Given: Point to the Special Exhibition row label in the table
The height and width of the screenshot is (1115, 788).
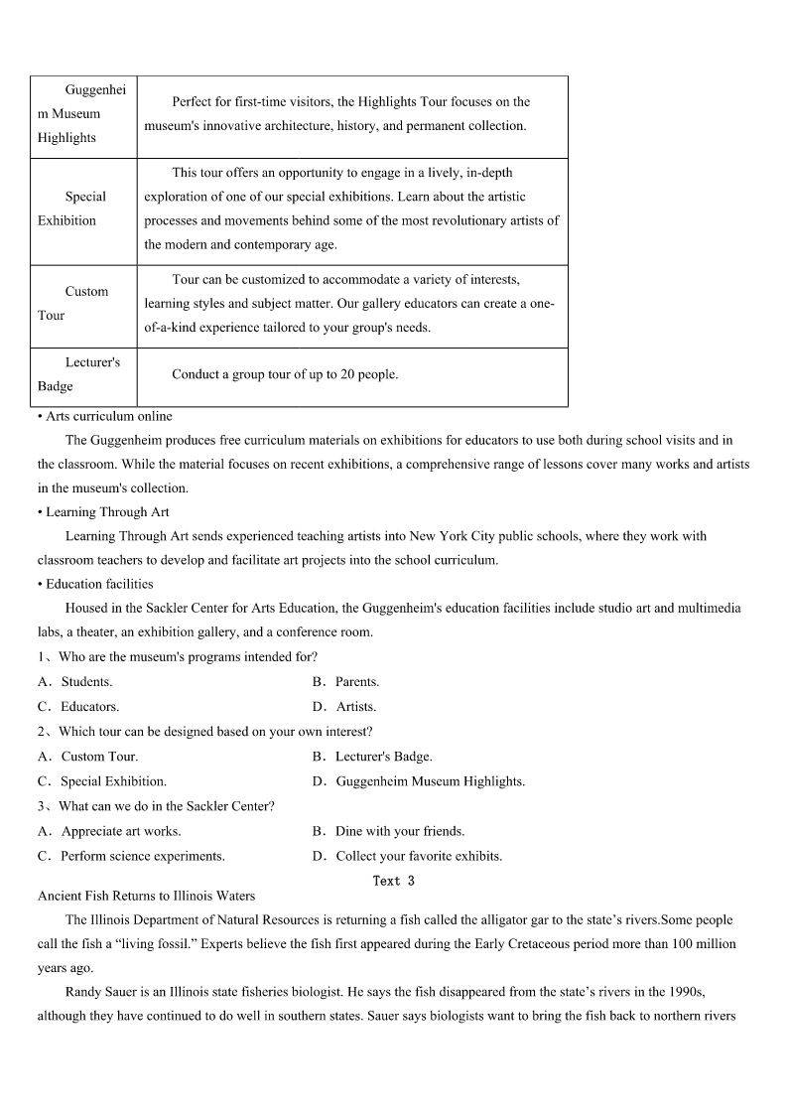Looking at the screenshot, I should click(83, 209).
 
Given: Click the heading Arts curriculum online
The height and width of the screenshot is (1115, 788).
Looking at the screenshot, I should click(108, 416).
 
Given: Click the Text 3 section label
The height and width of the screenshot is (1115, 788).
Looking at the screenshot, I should click(393, 881).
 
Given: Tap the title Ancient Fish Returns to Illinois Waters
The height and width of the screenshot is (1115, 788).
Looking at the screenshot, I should click(146, 896).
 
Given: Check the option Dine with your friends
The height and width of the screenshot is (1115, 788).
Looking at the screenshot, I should click(399, 831).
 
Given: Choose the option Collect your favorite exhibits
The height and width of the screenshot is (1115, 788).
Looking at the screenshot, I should click(418, 856).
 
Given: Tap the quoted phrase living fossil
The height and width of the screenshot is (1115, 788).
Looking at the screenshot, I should click(138, 944).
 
